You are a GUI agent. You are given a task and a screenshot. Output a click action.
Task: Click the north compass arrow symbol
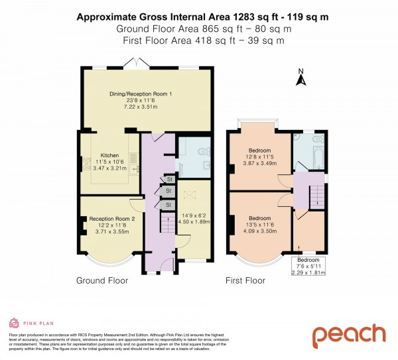[300, 79]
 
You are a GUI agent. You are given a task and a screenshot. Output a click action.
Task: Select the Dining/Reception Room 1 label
[141, 94]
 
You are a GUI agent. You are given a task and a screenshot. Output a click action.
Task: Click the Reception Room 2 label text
[112, 219]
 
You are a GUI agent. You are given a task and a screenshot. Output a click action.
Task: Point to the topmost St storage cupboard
[169, 179]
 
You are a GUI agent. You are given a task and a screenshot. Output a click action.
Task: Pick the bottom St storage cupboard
[169, 205]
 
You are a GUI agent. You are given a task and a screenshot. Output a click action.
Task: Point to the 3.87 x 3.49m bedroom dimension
[260, 162]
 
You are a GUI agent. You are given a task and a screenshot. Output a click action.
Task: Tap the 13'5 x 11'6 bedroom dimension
[260, 224]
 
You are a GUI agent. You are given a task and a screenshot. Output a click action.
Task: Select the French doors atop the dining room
[137, 63]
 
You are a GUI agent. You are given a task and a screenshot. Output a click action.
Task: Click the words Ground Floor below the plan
[102, 280]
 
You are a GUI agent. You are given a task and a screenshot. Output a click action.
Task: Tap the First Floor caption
[245, 280]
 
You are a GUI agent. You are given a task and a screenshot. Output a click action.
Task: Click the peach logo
[348, 335]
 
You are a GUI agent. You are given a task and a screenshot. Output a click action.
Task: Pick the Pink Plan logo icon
[13, 323]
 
